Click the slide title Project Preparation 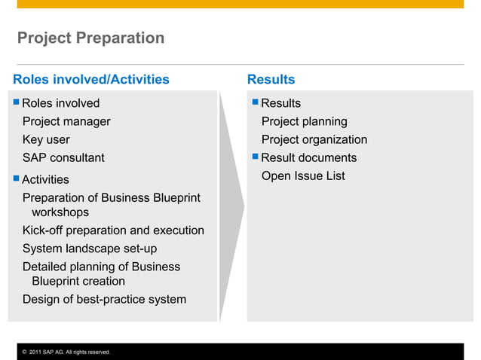pyautogui.click(x=90, y=38)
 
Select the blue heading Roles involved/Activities pyautogui.click(x=91, y=80)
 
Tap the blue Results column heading pyautogui.click(x=271, y=80)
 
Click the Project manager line pyautogui.click(x=66, y=121)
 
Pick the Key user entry pyautogui.click(x=46, y=139)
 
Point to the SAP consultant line pyautogui.click(x=63, y=157)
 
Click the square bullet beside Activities pyautogui.click(x=17, y=179)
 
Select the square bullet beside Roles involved pyautogui.click(x=17, y=102)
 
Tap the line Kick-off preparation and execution pyautogui.click(x=113, y=230)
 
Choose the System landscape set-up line pyautogui.click(x=90, y=249)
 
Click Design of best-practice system pyautogui.click(x=104, y=299)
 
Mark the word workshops pyautogui.click(x=60, y=212)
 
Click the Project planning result pyautogui.click(x=304, y=121)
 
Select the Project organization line pyautogui.click(x=314, y=139)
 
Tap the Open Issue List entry pyautogui.click(x=303, y=175)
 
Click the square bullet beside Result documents pyautogui.click(x=256, y=157)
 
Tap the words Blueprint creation pyautogui.click(x=78, y=281)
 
